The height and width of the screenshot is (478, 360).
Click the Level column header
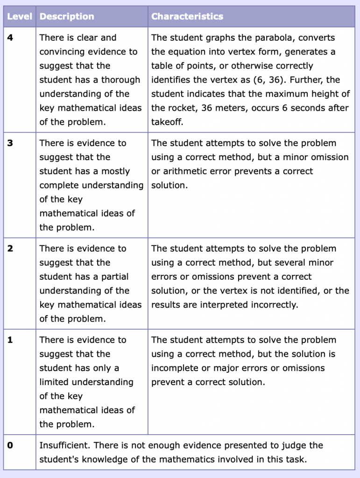[x=20, y=17]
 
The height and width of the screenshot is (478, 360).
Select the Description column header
[x=67, y=17]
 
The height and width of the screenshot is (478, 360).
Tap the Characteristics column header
[x=187, y=17]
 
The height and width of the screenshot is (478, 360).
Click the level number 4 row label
[x=10, y=38]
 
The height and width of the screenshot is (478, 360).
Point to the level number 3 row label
[x=10, y=143]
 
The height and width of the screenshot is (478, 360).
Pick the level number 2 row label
[x=10, y=249]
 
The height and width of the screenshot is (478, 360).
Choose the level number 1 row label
[x=10, y=340]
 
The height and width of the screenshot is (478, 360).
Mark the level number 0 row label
[x=10, y=445]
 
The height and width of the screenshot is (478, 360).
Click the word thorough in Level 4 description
[x=121, y=80]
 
